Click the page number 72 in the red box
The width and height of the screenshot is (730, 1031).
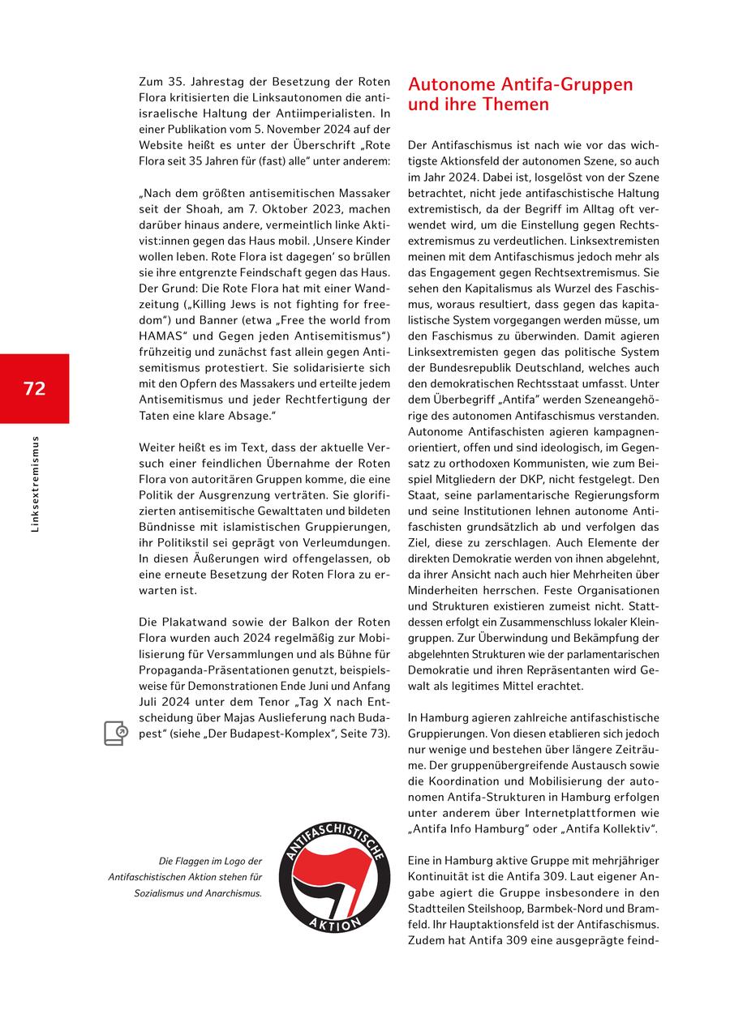pos(34,388)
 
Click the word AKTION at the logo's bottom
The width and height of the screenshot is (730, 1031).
pos(334,923)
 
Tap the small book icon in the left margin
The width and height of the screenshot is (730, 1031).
pos(115,733)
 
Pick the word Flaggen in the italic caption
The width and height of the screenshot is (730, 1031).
pos(197,861)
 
